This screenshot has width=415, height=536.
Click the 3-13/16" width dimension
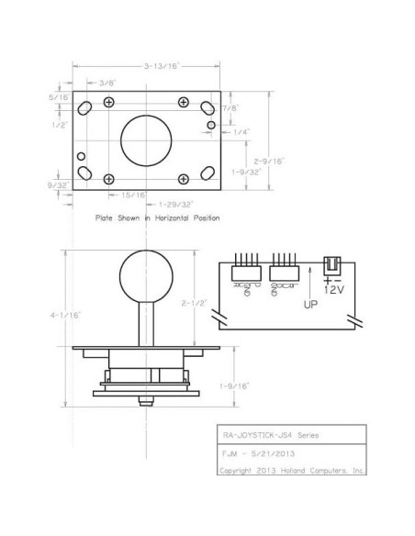point(162,66)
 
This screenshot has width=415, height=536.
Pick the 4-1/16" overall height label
point(69,315)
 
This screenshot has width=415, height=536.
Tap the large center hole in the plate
point(144,140)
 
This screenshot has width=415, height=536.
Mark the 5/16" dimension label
point(61,95)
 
